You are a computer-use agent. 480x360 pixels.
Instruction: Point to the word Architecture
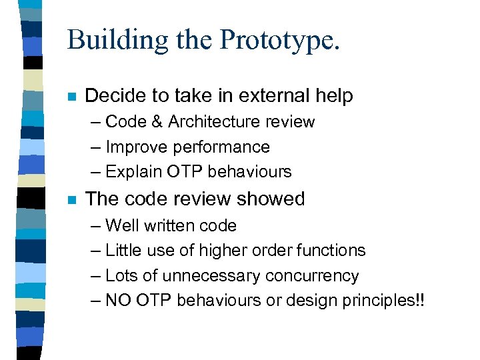tap(216, 122)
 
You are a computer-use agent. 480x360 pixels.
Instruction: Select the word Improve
tap(134, 147)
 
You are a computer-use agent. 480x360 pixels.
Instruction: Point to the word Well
tap(121, 226)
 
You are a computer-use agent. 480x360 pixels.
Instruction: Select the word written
tap(167, 226)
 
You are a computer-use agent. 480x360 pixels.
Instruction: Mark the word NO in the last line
tap(118, 300)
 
